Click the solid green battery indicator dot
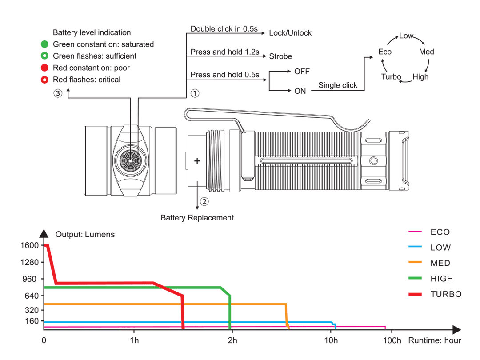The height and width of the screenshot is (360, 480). pyautogui.click(x=45, y=44)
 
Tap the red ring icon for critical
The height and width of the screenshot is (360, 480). pyautogui.click(x=45, y=80)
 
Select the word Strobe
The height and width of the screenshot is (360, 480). pyautogui.click(x=280, y=56)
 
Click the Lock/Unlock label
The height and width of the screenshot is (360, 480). pyautogui.click(x=290, y=33)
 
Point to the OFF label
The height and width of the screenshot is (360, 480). pyautogui.click(x=302, y=71)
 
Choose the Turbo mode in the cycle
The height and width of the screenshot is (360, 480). pyautogui.click(x=391, y=76)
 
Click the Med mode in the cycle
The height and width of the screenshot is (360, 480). pyautogui.click(x=426, y=52)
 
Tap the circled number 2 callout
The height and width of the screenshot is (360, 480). pyautogui.click(x=204, y=201)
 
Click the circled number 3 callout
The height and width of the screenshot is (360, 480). pyautogui.click(x=58, y=93)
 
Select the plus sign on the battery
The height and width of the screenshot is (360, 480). pyautogui.click(x=197, y=161)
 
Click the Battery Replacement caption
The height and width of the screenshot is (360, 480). pyautogui.click(x=197, y=218)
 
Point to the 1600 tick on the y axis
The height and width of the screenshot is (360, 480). pyautogui.click(x=30, y=245)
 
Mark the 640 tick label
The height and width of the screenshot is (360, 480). pyautogui.click(x=31, y=296)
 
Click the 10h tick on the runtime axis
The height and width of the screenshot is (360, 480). pyautogui.click(x=331, y=340)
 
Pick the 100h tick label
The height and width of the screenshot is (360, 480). pyautogui.click(x=392, y=340)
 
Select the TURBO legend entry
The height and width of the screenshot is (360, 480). pyautogui.click(x=435, y=294)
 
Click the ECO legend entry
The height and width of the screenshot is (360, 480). pyautogui.click(x=429, y=232)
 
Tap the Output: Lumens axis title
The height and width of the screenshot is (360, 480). pyautogui.click(x=85, y=235)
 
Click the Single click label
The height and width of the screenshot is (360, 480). pyautogui.click(x=338, y=85)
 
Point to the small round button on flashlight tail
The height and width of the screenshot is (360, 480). pyautogui.click(x=373, y=161)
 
